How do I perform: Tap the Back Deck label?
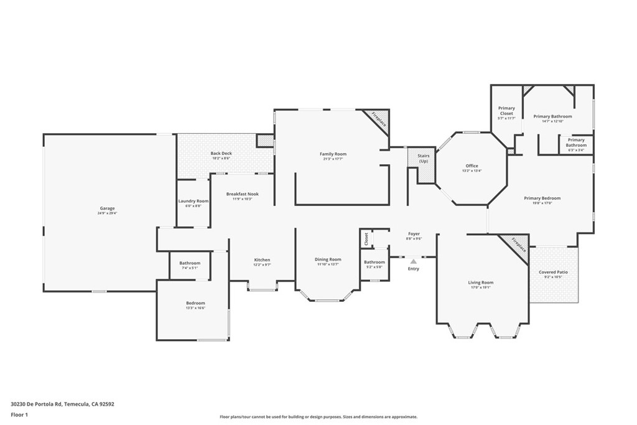point(220,153)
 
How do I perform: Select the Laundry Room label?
point(193,201)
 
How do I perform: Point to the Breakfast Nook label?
point(242,194)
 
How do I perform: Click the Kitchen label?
point(262,259)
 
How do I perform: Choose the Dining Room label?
point(327,259)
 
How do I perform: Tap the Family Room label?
point(333,154)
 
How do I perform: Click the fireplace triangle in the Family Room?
point(379,119)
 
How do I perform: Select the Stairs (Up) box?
point(423,159)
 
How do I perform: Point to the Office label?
point(472,166)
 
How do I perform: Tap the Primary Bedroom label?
point(542,198)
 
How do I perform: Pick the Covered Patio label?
point(553,272)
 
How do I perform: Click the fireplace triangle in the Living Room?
point(518,243)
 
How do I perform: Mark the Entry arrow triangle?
point(413,261)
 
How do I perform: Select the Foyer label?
point(414,234)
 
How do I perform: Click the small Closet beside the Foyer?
point(366,238)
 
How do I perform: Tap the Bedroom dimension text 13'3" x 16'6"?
point(195,308)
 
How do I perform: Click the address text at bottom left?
point(62,404)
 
